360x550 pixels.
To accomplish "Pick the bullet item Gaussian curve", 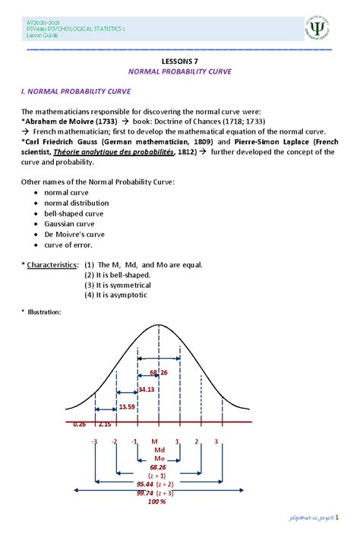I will pyautogui.click(x=76, y=225).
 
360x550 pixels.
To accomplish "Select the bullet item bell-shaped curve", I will pyautogui.click(x=82, y=214).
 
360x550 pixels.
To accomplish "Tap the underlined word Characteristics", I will pyautogui.click(x=52, y=265).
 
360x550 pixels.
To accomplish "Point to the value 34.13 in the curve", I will pyautogui.click(x=147, y=389).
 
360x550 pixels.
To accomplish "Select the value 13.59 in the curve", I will pyautogui.click(x=127, y=406).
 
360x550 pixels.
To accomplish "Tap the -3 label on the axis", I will pyautogui.click(x=93, y=441).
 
